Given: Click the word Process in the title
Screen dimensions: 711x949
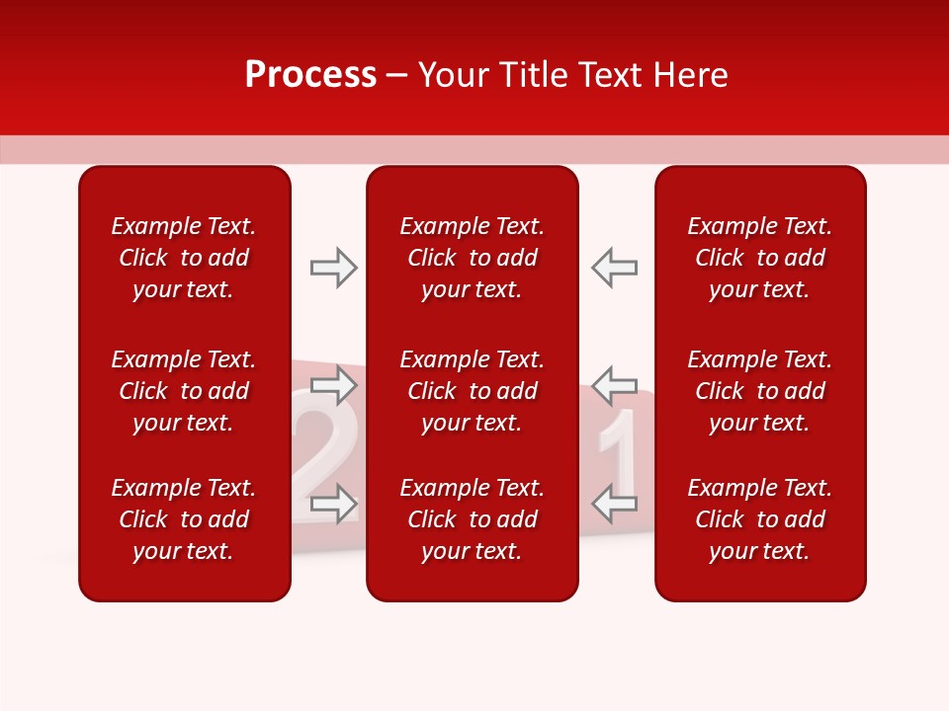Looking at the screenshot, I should pos(310,75).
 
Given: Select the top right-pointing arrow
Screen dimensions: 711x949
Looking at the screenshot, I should pos(334,268).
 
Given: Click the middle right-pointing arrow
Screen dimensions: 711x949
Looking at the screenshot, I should pos(334,384).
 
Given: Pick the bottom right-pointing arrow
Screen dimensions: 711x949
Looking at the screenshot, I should pos(334,504).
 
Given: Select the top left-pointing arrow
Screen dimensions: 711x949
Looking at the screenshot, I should pos(614,268).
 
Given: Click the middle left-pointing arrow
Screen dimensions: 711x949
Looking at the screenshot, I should pos(614,384).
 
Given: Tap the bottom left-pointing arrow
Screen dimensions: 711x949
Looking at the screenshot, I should pos(614,504).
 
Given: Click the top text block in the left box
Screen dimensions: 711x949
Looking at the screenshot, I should pos(184,258).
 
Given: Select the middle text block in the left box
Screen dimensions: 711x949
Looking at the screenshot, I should pos(184,391).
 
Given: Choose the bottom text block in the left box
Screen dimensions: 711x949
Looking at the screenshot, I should pos(184,519).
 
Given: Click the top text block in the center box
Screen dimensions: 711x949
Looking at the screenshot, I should pos(472,258).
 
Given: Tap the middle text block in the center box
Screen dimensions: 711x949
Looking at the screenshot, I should pos(472,391).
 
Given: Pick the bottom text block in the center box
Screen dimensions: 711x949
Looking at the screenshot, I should pos(472,519).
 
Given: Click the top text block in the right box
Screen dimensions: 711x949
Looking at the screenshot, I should pos(759,258).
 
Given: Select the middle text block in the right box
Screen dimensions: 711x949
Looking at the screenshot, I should pos(759,391).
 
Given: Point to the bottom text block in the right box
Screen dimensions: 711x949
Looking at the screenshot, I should pos(759,519).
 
